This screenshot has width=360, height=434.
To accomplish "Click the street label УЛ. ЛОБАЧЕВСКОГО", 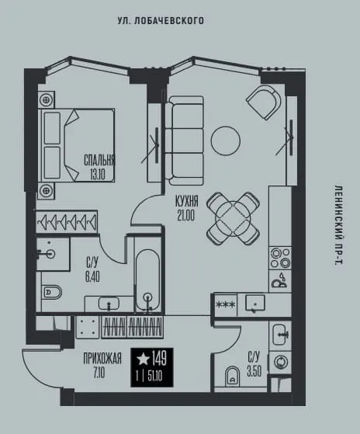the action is [x=161, y=21].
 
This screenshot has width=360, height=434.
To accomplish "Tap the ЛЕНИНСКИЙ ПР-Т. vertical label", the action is [x=338, y=225].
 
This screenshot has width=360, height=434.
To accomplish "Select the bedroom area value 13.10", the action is [x=98, y=175].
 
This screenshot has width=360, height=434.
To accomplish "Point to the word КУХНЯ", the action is [x=187, y=201].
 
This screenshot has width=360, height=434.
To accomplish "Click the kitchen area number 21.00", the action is [x=186, y=216].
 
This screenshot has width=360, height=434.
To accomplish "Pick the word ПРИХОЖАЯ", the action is [x=102, y=359].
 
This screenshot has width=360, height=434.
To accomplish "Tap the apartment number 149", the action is [x=159, y=359].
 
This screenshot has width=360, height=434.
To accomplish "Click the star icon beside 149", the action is [x=143, y=359].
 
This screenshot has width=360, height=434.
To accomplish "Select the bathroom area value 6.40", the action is [x=92, y=276].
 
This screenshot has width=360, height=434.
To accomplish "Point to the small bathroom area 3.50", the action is [x=254, y=371].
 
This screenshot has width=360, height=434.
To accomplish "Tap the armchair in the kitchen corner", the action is [x=264, y=102].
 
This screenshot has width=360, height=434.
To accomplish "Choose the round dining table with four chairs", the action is [x=233, y=219].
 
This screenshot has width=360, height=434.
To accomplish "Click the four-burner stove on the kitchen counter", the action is [x=280, y=258].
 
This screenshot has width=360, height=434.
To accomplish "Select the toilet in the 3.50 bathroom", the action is [x=232, y=377].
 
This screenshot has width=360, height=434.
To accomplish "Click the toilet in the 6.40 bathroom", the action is [x=51, y=292].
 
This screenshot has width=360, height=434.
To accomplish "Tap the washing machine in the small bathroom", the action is [x=280, y=362].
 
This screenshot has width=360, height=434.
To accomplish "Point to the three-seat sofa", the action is [x=185, y=141].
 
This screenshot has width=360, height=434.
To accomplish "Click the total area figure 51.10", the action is [x=155, y=377].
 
